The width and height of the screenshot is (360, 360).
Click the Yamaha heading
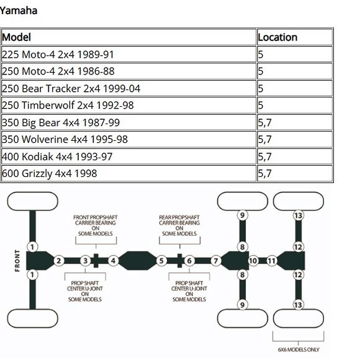(x=19, y=11)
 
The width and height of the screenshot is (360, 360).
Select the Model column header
(x=128, y=37)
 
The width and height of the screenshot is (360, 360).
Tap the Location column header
(x=295, y=37)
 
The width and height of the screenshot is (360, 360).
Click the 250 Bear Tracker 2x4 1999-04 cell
(x=128, y=88)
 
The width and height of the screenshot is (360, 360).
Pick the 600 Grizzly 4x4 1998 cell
(x=128, y=173)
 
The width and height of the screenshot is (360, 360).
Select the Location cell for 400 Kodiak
(x=295, y=156)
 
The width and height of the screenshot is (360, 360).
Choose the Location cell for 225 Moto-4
(x=295, y=54)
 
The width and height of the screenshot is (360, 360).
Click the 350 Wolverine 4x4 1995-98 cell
(x=128, y=140)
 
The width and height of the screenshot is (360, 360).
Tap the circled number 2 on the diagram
(x=59, y=261)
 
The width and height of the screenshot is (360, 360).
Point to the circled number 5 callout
(x=161, y=261)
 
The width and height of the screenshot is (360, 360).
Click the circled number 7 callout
(x=216, y=261)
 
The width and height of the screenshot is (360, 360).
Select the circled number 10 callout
(x=253, y=261)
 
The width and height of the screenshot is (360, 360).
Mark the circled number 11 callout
(x=272, y=261)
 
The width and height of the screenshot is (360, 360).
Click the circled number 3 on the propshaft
(x=86, y=261)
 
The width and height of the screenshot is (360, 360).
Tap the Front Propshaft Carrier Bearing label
(x=96, y=225)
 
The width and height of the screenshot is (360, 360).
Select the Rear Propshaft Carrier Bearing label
(x=179, y=225)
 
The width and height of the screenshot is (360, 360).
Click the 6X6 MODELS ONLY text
(x=299, y=349)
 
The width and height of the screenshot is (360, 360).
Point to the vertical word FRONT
(x=17, y=261)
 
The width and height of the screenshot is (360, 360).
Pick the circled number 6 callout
(x=189, y=261)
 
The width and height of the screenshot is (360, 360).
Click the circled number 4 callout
(x=113, y=261)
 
